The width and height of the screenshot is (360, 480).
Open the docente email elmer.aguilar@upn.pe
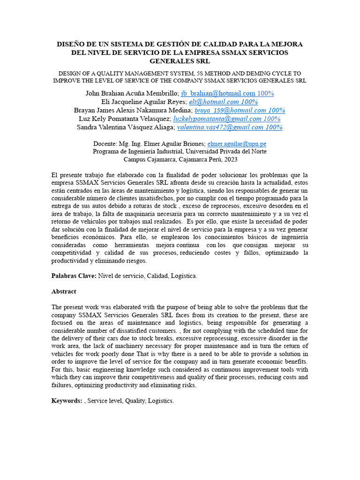[237, 144]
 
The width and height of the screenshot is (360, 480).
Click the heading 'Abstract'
[63, 292]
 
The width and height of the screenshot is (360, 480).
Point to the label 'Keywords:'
[67, 401]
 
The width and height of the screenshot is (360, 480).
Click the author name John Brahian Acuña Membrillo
[132, 93]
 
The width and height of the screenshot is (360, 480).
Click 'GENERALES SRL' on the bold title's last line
[180, 61]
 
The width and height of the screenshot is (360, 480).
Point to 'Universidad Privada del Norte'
[226, 151]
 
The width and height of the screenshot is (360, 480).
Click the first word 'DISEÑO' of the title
[71, 44]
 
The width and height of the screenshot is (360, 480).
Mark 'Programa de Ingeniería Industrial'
[138, 151]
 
